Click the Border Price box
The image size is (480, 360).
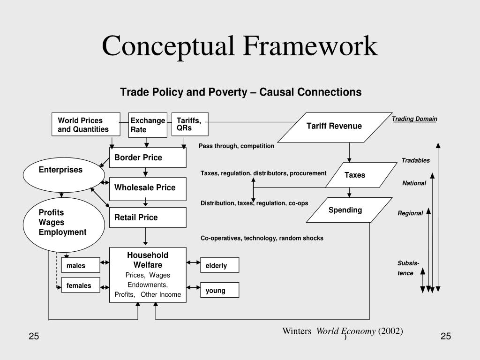[x=148, y=158]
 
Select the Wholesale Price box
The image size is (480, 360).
[x=148, y=188]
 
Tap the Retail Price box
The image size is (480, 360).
[x=148, y=217]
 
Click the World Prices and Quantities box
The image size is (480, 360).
[x=86, y=125]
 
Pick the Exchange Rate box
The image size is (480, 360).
[x=148, y=125]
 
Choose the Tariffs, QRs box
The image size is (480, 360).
[x=189, y=124]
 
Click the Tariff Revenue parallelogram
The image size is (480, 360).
[x=334, y=127]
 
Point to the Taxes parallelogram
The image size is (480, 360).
[x=355, y=175]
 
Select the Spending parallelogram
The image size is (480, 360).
[x=349, y=210]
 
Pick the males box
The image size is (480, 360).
[x=80, y=266]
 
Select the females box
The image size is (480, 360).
[x=80, y=285]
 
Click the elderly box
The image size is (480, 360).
[x=219, y=265]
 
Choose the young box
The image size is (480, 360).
[x=219, y=290]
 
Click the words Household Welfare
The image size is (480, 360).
[x=148, y=260]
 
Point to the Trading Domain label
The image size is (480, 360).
[x=414, y=119]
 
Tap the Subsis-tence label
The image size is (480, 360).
[x=408, y=268]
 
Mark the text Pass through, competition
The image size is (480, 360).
[x=236, y=146]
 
